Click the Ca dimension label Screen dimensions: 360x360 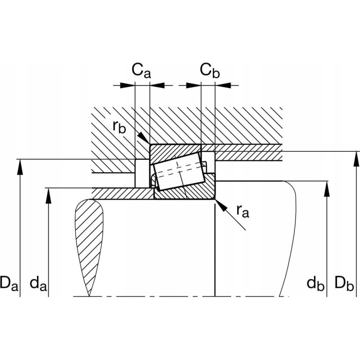(x=141, y=71)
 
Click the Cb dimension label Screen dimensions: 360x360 (x=210, y=71)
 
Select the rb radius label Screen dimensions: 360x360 (x=119, y=126)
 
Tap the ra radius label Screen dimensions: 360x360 (x=243, y=211)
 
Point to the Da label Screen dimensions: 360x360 (x=9, y=283)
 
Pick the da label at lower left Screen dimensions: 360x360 (x=38, y=283)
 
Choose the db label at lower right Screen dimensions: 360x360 (x=315, y=283)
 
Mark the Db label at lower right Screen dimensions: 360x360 (x=344, y=283)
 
